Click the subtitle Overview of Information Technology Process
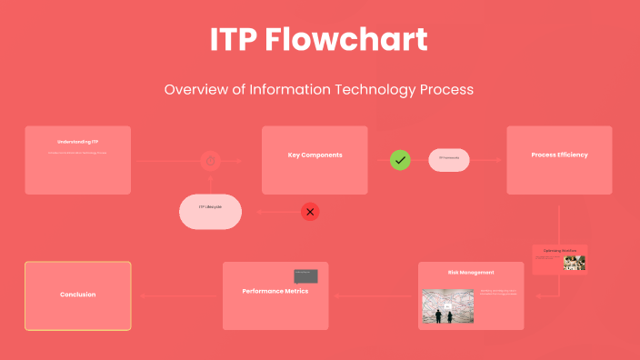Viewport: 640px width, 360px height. click(319, 90)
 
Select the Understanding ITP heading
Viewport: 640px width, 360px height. click(77, 142)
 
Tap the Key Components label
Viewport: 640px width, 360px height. click(315, 155)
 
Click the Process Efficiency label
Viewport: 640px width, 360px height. click(559, 155)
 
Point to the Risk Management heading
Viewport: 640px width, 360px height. click(471, 272)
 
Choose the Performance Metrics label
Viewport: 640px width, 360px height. click(275, 291)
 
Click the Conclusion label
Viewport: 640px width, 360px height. click(77, 295)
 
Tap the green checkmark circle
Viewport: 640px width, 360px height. click(400, 160)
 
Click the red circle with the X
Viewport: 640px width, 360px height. click(310, 212)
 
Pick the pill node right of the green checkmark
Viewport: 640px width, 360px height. click(449, 160)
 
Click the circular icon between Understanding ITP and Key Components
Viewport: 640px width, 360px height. click(210, 161)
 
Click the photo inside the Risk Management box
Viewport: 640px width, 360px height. click(448, 306)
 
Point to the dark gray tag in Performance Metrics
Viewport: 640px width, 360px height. click(305, 275)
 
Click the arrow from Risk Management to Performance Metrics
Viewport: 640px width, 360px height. click(373, 295)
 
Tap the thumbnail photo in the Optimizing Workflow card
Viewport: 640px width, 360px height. click(574, 263)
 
